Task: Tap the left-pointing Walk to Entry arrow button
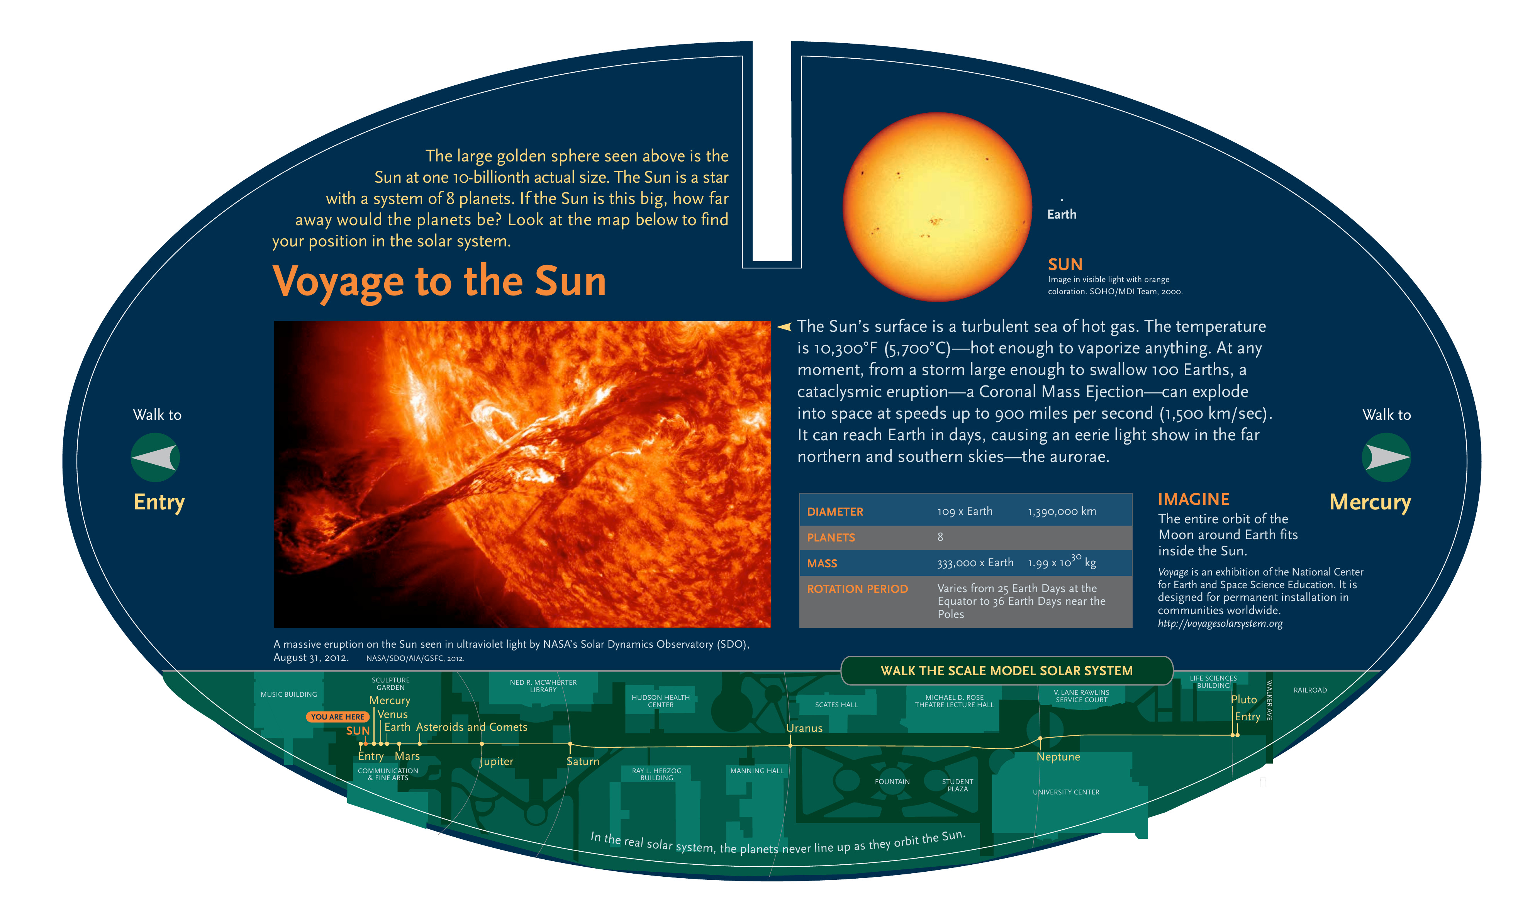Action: (155, 458)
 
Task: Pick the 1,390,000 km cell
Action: (1062, 511)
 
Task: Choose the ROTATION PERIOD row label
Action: (857, 589)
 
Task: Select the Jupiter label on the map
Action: (496, 762)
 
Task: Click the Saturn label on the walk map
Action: (582, 761)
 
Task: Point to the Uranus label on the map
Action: (804, 728)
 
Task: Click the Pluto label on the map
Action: (1244, 699)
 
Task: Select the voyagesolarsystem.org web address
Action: (1220, 623)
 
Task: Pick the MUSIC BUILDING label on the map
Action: (289, 694)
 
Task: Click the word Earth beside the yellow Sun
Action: (1062, 214)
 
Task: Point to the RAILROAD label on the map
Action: (1310, 690)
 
